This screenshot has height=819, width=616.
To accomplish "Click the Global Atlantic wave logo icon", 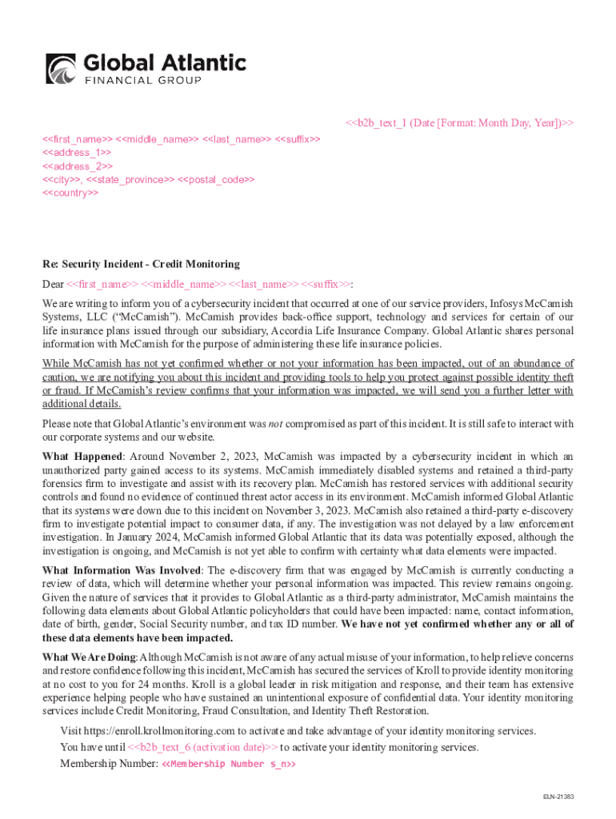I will [61, 68].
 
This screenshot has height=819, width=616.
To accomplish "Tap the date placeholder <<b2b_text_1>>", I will [459, 122].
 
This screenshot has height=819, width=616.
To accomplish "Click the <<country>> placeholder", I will [70, 194].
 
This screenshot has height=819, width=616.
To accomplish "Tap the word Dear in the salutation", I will [53, 284].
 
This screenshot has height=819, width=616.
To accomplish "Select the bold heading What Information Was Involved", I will [123, 570].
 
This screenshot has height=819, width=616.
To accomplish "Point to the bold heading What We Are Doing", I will [90, 657].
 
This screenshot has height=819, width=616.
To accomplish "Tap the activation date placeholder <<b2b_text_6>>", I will [203, 747].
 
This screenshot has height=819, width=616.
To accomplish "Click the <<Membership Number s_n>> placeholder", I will [229, 764].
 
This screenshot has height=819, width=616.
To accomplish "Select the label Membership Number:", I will [109, 764].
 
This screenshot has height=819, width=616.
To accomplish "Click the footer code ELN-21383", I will [559, 797].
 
